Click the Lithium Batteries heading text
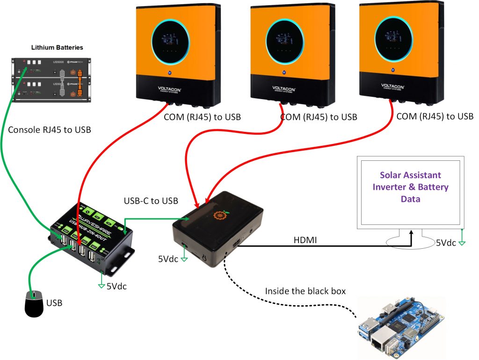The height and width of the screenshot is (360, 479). coord(57,48)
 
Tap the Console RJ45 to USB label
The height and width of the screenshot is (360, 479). coord(50,130)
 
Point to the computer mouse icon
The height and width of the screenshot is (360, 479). coord(34,303)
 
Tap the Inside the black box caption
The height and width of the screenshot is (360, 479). coord(305,291)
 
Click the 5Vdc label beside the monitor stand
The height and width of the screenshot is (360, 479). coord(446,243)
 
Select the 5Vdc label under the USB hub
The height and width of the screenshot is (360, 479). coord(116,286)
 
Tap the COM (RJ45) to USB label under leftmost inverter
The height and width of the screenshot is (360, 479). coord(202,117)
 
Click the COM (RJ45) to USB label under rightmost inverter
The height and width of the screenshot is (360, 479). coord(435,116)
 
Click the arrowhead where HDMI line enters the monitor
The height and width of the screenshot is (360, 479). coord(412,232)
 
